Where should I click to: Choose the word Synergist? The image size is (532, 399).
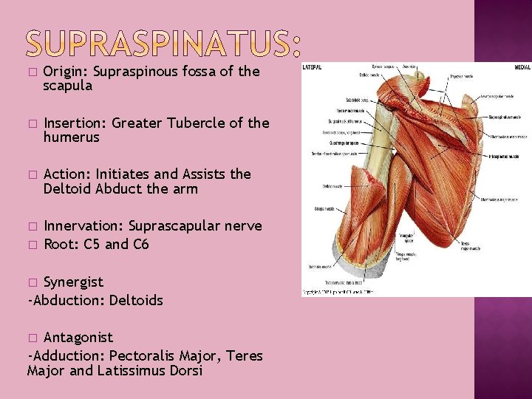pyautogui.click(x=73, y=282)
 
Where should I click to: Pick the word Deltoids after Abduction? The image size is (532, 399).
pyautogui.click(x=136, y=300)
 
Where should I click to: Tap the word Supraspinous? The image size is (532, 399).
pyautogui.click(x=135, y=72)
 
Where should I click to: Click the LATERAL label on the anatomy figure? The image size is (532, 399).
pyautogui.click(x=312, y=66)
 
